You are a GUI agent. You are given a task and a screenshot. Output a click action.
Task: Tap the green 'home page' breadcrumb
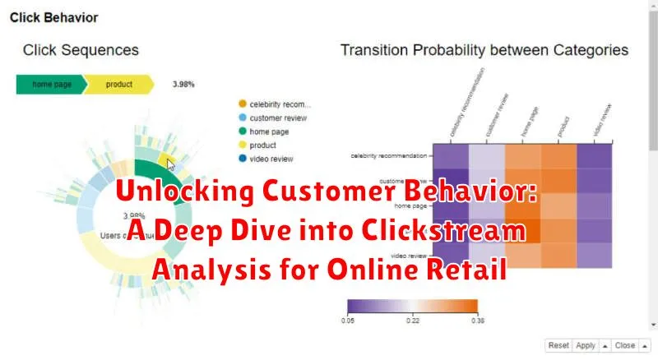(x=50, y=84)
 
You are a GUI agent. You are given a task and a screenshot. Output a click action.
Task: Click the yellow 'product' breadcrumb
(x=119, y=84)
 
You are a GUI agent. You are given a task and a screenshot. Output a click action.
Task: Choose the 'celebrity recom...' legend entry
(x=280, y=104)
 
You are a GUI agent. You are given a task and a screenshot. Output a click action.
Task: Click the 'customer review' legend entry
(x=280, y=118)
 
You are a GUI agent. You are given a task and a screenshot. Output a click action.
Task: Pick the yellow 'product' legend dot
(x=242, y=145)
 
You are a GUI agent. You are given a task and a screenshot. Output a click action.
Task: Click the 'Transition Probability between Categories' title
(x=484, y=50)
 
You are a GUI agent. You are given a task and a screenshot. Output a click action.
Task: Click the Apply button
(x=586, y=346)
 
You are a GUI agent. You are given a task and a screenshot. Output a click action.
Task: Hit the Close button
(x=624, y=346)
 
